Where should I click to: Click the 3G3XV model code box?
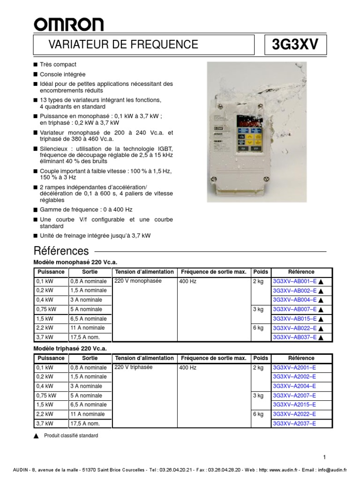295,45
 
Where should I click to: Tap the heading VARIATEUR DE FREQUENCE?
123,45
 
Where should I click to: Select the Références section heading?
61,250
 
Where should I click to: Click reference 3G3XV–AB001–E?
294,281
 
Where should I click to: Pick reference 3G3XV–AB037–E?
294,337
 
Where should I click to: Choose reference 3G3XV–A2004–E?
294,386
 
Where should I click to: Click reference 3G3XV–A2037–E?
294,424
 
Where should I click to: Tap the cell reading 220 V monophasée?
138,281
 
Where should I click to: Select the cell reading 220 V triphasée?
133,367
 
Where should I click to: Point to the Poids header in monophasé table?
260,272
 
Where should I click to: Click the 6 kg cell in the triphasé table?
258,414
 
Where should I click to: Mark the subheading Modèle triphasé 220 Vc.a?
70,349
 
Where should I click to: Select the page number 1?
324,457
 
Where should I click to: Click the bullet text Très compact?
58,65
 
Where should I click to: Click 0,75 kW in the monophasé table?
46,309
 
